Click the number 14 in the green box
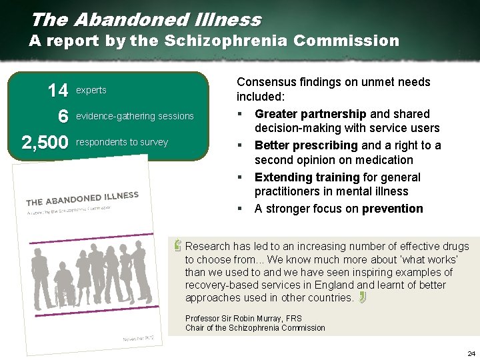(57, 90)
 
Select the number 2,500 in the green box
(45, 142)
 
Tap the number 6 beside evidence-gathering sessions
(63, 116)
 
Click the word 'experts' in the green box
(91, 90)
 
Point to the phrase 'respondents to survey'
(122, 142)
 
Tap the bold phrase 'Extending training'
(303, 177)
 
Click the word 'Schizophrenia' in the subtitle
(224, 41)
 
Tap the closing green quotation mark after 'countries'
(362, 297)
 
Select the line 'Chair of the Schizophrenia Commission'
(255, 327)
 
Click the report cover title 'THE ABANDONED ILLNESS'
(82, 199)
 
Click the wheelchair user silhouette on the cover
(65, 289)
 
